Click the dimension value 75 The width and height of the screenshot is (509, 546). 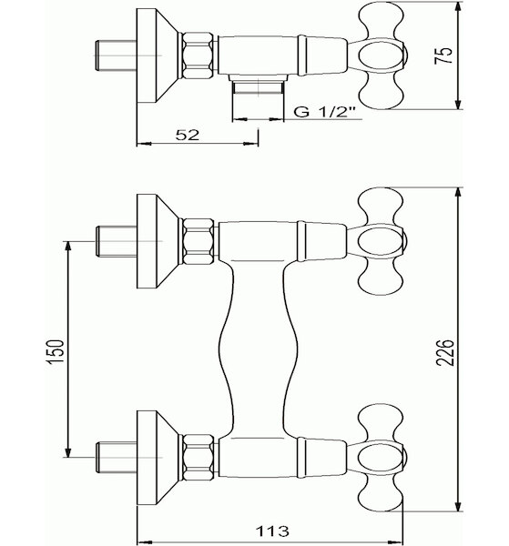[443, 55]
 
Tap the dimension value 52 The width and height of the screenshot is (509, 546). [188, 135]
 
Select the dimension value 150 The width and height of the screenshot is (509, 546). [56, 351]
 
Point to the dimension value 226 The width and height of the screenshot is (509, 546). [445, 351]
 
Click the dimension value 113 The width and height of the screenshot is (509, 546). [273, 531]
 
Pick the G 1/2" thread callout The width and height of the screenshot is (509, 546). [324, 112]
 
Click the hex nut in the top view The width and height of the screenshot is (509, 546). [198, 55]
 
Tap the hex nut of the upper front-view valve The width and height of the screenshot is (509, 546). [198, 241]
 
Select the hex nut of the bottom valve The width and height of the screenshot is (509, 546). [198, 457]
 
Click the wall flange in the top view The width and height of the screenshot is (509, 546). [158, 56]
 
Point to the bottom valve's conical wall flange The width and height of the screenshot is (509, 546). [158, 457]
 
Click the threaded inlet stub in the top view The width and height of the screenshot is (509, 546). [116, 56]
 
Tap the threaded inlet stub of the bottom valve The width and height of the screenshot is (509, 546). [116, 457]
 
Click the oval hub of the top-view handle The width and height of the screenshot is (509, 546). [382, 55]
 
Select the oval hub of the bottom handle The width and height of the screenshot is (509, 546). [382, 457]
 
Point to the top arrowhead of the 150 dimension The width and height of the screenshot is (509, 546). [68, 248]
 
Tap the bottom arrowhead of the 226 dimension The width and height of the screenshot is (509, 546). [458, 505]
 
